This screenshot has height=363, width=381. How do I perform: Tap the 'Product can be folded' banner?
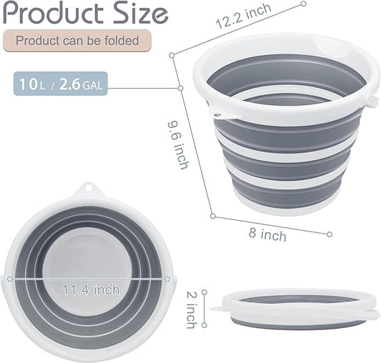click(76, 41)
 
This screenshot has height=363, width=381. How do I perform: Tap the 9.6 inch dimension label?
click(179, 143)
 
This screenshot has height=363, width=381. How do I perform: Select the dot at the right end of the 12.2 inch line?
click(304, 4)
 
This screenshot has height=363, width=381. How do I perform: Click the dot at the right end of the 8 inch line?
click(329, 234)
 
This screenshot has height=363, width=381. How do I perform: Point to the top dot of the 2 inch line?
click(204, 292)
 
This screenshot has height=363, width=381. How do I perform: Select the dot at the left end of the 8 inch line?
click(212, 215)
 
